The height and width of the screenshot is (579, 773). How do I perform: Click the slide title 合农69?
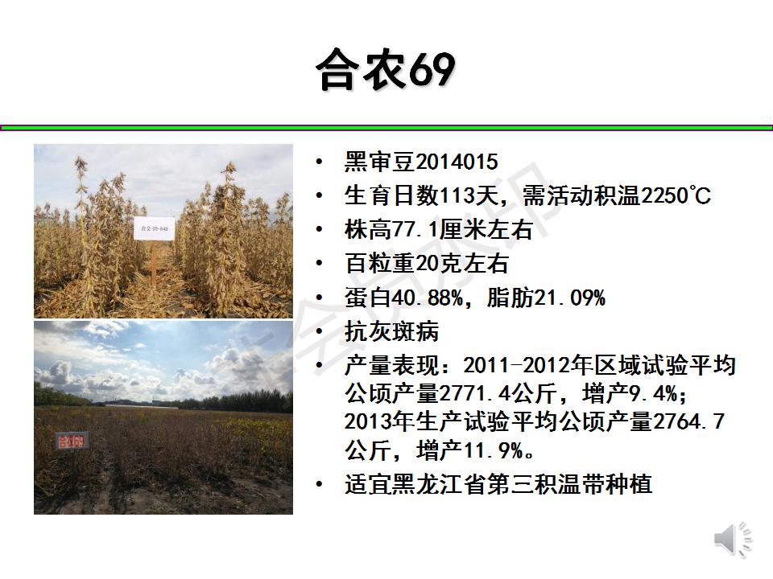pyautogui.click(x=386, y=69)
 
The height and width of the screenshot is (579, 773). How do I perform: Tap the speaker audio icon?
pyautogui.click(x=733, y=540)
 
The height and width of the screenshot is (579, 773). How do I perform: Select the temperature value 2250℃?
pyautogui.click(x=676, y=195)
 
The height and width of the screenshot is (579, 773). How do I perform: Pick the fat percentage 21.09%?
pyautogui.click(x=569, y=298)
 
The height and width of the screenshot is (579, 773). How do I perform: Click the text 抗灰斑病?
pyautogui.click(x=391, y=331)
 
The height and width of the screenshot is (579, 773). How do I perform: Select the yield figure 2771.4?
pyautogui.click(x=474, y=393)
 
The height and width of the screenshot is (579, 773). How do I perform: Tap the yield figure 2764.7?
pyautogui.click(x=688, y=421)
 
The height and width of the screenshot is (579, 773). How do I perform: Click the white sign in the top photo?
pyautogui.click(x=155, y=228)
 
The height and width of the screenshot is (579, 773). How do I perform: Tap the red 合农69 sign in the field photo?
pyautogui.click(x=72, y=441)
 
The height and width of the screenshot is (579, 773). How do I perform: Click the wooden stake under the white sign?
pyautogui.click(x=155, y=264)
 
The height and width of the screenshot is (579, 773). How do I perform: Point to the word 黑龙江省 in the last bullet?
pyautogui.click(x=439, y=484)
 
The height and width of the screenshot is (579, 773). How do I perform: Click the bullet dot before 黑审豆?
pyautogui.click(x=320, y=162)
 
